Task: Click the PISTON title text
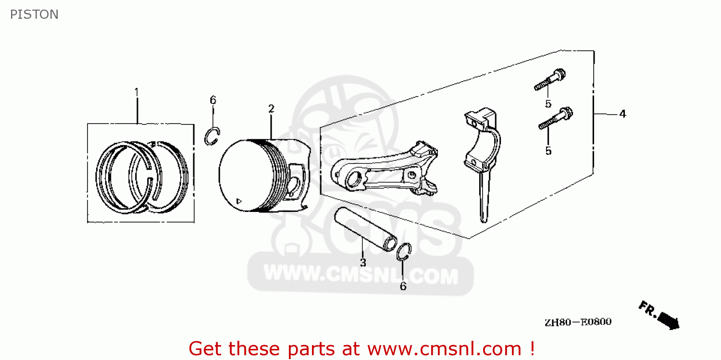34,14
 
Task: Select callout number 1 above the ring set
137,91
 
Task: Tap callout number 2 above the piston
271,109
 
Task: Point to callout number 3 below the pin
363,262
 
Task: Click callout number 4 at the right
622,114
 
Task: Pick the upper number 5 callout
547,103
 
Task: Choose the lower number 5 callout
548,151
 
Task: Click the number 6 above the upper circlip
213,100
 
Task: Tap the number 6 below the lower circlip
403,286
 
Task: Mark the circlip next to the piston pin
404,252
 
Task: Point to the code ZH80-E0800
578,322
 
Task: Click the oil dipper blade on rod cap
485,197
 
